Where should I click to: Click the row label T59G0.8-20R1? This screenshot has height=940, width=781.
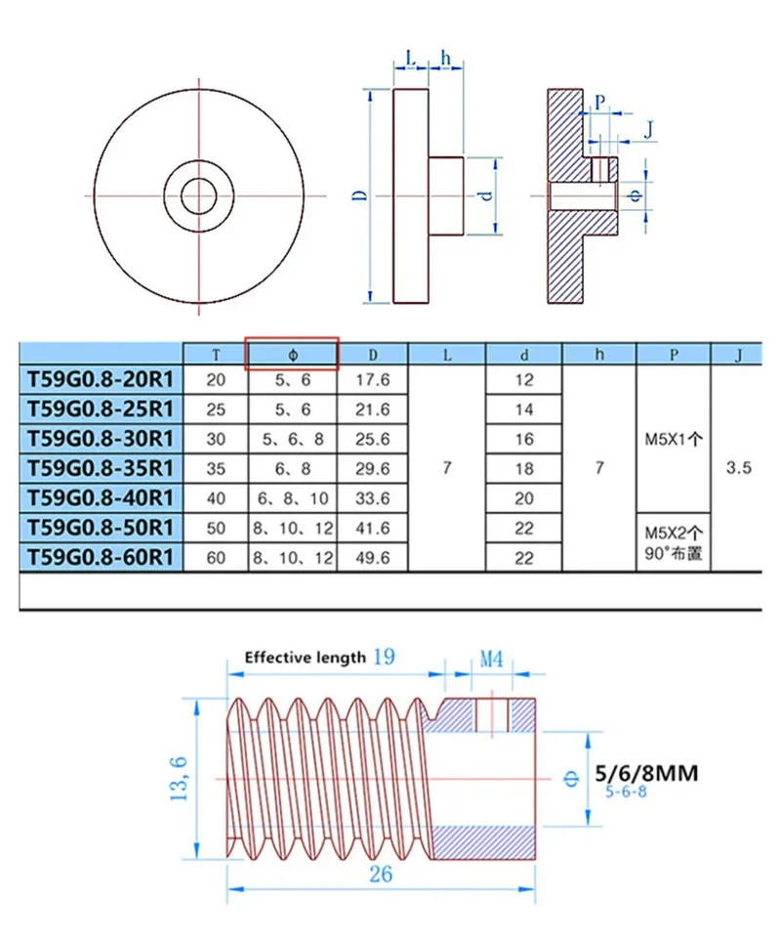(102, 380)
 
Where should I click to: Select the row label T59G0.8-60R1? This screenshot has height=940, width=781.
(102, 558)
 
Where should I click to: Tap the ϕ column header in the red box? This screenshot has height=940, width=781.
(292, 354)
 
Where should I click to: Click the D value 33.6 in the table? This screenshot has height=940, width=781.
(372, 498)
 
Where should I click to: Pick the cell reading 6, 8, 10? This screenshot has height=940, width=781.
(292, 498)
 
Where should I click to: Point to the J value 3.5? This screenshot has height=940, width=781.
(739, 468)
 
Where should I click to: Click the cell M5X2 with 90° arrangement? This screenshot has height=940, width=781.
(674, 543)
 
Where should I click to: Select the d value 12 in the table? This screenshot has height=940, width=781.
(524, 380)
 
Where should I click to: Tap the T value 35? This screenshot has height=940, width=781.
(216, 469)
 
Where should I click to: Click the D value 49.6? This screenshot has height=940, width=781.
(372, 558)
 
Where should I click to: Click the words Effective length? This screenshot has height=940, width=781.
(305, 658)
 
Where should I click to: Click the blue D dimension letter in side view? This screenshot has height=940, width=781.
(360, 195)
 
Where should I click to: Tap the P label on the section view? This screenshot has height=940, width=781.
(599, 101)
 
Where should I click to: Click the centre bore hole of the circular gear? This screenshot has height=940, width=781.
(198, 195)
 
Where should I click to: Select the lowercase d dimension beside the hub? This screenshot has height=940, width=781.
(484, 195)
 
